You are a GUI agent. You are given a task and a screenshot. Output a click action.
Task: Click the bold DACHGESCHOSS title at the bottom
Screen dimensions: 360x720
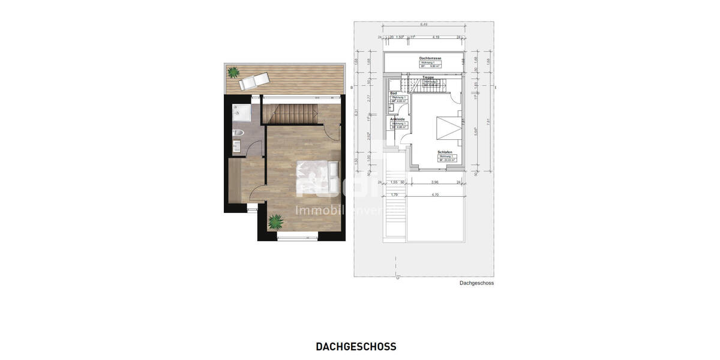click(x=356, y=347)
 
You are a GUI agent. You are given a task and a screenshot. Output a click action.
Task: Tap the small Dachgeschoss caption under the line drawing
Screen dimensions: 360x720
click(x=476, y=283)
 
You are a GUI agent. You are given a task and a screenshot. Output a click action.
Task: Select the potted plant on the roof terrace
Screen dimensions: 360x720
click(x=232, y=73)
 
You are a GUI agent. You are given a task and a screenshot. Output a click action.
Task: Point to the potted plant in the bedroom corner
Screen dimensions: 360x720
click(x=276, y=222)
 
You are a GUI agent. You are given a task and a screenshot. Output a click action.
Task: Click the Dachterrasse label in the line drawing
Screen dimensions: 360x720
click(x=431, y=58)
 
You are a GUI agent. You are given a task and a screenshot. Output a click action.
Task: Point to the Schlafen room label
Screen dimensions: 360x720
click(x=445, y=152)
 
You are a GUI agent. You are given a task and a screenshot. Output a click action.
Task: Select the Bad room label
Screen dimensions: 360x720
click(x=394, y=93)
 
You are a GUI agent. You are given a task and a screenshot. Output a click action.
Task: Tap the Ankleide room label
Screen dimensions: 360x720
click(x=398, y=119)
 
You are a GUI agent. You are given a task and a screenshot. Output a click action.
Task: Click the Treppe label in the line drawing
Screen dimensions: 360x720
click(x=428, y=77)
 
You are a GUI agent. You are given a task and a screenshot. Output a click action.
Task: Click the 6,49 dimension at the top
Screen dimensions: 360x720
click(x=424, y=24)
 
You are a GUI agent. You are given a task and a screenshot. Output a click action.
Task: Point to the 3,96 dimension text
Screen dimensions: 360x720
click(x=436, y=182)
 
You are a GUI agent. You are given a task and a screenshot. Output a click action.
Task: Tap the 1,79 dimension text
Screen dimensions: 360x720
click(x=394, y=194)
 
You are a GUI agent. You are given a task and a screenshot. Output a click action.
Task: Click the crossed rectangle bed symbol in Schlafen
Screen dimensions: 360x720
click(x=446, y=128)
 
